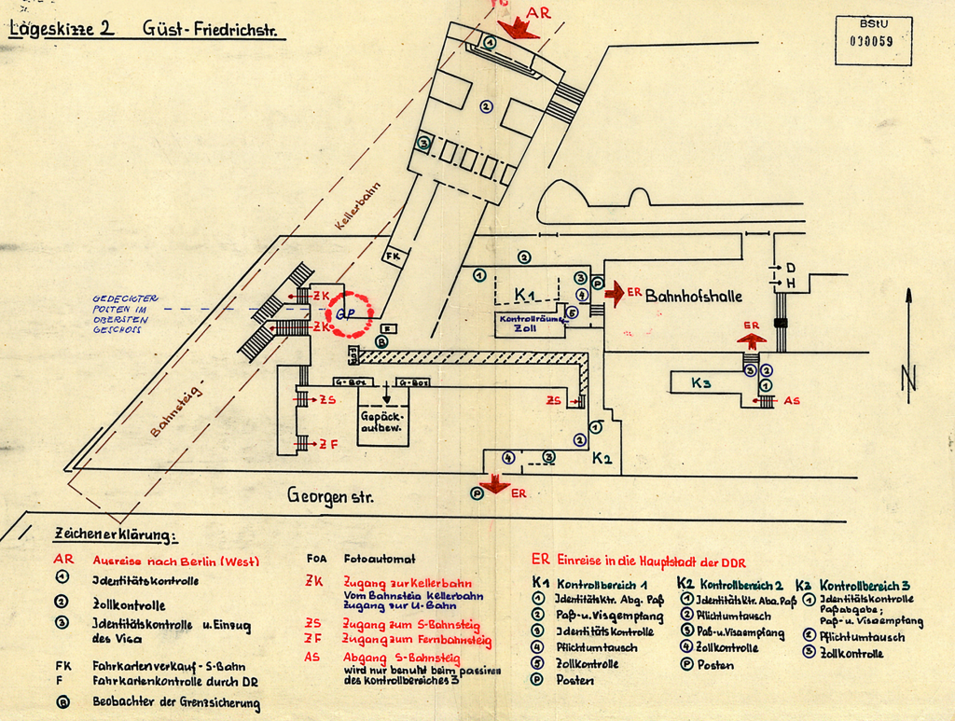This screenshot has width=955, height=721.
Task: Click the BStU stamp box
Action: click(x=872, y=40)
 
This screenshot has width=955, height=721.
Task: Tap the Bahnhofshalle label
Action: click(x=694, y=296)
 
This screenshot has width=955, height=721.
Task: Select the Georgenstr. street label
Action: click(x=330, y=497)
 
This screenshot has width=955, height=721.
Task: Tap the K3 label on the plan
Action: click(x=701, y=382)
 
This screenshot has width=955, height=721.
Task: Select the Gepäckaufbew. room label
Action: click(x=383, y=421)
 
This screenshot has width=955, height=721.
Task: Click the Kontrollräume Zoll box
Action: click(x=530, y=324)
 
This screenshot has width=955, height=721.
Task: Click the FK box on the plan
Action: click(x=393, y=256)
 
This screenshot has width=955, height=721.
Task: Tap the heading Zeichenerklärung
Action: click(x=115, y=535)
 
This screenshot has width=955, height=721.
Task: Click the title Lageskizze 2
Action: click(x=62, y=28)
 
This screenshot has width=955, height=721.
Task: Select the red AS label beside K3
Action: click(x=792, y=401)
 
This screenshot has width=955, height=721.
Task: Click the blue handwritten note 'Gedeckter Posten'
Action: click(x=125, y=313)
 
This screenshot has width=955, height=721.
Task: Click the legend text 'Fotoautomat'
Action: click(x=379, y=560)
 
